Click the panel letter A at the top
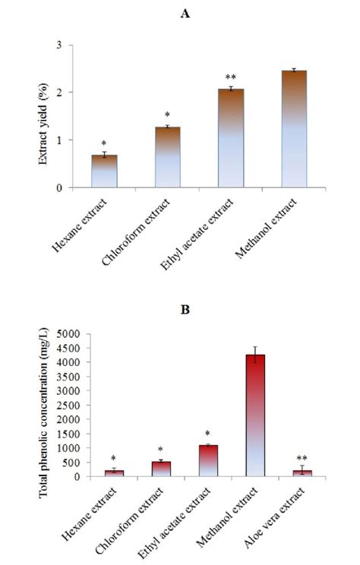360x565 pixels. coord(180,13)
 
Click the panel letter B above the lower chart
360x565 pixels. coord(180,311)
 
